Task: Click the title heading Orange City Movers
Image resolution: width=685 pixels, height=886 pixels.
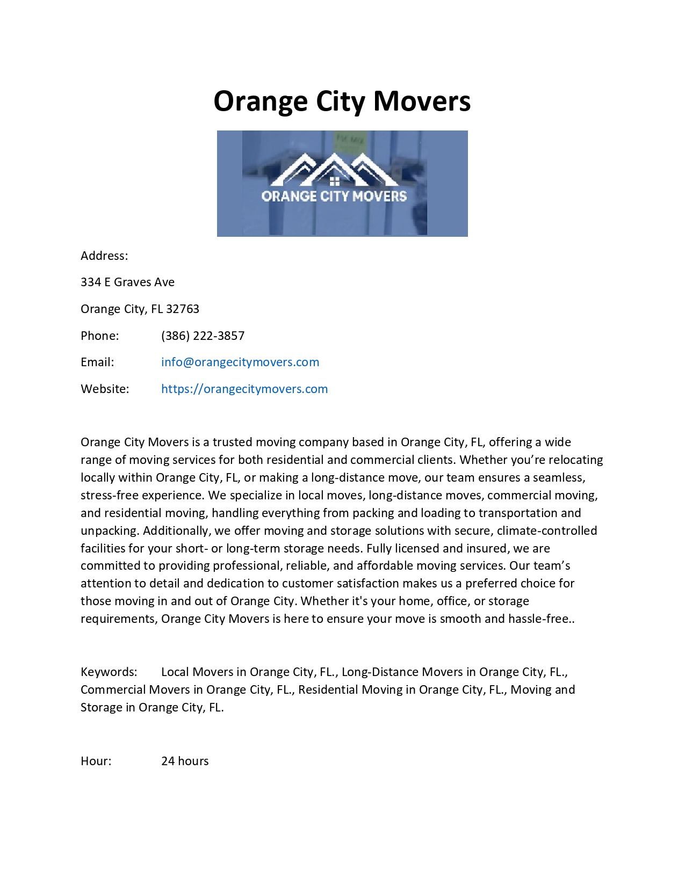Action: (x=342, y=101)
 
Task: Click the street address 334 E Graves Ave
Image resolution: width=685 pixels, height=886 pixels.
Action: (x=127, y=282)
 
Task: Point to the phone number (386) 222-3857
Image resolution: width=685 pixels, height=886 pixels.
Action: (x=203, y=336)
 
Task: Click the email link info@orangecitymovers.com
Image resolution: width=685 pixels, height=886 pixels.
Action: (x=240, y=362)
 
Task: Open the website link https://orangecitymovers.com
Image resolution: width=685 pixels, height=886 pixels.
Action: (x=244, y=389)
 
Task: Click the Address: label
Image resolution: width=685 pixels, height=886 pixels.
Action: (x=104, y=256)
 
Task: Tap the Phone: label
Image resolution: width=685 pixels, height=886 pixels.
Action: (x=99, y=336)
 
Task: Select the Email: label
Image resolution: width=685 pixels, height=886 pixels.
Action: (x=97, y=362)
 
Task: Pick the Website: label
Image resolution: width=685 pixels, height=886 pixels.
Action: (x=105, y=389)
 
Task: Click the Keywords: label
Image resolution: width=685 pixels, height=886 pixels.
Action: (x=109, y=672)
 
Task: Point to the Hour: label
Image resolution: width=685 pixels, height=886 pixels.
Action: (x=96, y=761)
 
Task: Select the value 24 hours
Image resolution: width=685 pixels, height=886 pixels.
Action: (x=185, y=761)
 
